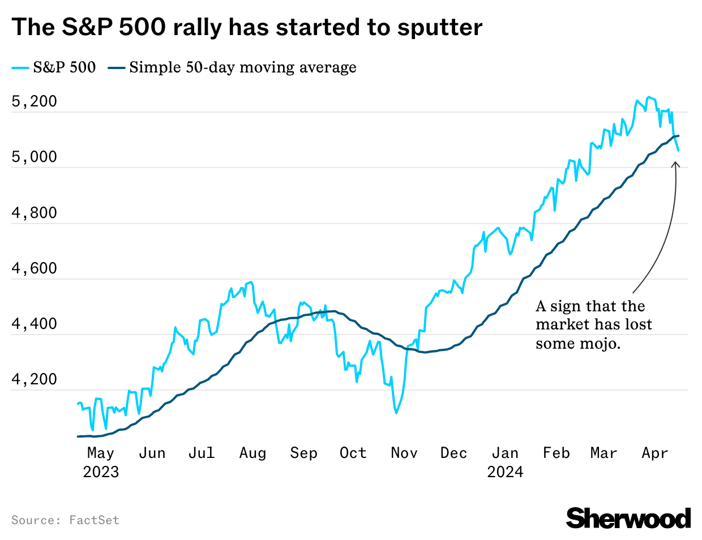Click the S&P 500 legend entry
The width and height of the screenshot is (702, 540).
(x=54, y=67)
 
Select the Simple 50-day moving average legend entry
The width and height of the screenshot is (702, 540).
(x=232, y=67)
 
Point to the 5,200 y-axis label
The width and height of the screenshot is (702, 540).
(x=35, y=101)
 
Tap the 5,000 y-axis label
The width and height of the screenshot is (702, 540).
(x=35, y=157)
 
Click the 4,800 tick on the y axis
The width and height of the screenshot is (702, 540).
(x=35, y=213)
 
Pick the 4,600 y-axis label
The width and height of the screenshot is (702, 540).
(x=35, y=268)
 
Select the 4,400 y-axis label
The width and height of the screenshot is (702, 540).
(x=35, y=324)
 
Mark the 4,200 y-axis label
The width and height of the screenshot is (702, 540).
(x=35, y=379)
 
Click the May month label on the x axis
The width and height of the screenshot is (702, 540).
(x=101, y=453)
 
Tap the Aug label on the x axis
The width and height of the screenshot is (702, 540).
(x=252, y=453)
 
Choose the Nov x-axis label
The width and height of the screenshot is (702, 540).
(x=404, y=453)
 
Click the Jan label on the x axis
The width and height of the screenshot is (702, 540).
(x=505, y=453)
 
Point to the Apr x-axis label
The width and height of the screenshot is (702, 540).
(x=655, y=453)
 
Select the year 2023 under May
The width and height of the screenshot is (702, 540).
(x=101, y=472)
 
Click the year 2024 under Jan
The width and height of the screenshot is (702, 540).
(x=505, y=472)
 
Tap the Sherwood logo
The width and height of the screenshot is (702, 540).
(x=628, y=518)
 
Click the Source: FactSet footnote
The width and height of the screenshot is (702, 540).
(x=65, y=520)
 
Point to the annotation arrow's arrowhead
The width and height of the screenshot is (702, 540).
(x=675, y=164)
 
